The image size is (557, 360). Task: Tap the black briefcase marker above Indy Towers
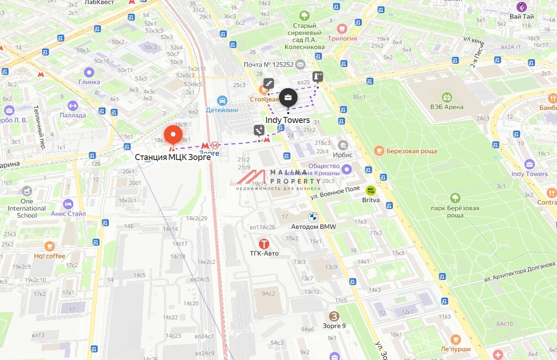[288, 98]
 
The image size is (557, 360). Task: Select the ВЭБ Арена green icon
[447, 97]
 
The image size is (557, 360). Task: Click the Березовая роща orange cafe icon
[379, 151]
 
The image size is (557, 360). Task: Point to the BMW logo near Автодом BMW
[313, 217]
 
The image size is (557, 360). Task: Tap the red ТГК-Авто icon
[264, 244]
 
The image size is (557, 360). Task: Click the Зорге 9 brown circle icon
[334, 316]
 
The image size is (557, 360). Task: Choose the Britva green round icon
[370, 190]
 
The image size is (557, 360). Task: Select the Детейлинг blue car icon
[222, 100]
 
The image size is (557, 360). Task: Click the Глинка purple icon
[89, 72]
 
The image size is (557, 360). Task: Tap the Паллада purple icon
[72, 106]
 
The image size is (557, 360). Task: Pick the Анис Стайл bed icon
[68, 204]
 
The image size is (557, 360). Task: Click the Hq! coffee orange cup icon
[49, 246]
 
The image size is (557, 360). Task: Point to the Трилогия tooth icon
[343, 29]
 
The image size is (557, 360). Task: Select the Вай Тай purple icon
[522, 7]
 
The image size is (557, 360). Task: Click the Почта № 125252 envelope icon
[300, 64]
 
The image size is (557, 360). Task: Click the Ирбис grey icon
[343, 145]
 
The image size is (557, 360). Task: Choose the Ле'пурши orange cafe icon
[455, 340]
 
